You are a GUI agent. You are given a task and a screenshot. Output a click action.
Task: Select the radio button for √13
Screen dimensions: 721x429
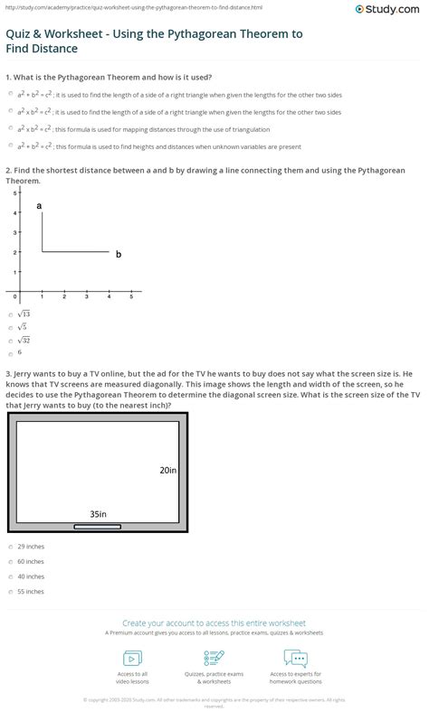point(9,314)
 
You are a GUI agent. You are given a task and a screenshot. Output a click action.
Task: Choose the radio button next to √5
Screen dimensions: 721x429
point(9,327)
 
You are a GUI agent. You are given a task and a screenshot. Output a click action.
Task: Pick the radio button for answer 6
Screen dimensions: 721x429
point(9,353)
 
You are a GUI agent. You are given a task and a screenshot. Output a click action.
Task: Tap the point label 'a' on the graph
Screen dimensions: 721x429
point(40,206)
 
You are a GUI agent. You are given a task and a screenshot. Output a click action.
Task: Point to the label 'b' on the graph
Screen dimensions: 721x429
point(119,255)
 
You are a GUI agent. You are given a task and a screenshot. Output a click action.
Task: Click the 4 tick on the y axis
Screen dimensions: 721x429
point(14,212)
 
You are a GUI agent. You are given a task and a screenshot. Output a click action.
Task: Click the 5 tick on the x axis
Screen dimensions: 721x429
point(131,297)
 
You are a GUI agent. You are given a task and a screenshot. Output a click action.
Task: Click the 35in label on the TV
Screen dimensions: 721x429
point(99,514)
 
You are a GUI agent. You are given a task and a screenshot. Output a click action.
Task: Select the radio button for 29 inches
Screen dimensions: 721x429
point(9,547)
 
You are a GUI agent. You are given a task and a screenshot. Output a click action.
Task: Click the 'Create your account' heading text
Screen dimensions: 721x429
point(214,623)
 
